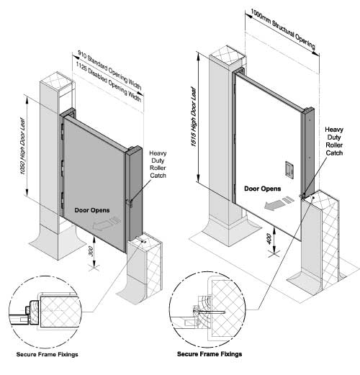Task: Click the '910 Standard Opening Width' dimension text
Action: (109, 70)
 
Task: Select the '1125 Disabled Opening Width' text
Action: (108, 81)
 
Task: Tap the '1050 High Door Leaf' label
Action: (22, 146)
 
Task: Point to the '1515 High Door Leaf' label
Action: (194, 117)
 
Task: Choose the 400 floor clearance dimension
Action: (269, 239)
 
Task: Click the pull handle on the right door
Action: (289, 169)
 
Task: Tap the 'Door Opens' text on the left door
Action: (92, 210)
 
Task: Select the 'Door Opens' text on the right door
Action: (262, 189)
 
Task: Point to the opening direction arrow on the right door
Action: (279, 203)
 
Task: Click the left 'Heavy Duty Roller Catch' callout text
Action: (158, 164)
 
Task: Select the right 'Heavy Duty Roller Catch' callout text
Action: (334, 141)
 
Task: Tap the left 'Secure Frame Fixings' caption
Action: (47, 354)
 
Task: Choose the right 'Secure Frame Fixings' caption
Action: (210, 354)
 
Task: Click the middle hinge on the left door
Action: (62, 166)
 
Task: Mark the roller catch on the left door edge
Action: (130, 204)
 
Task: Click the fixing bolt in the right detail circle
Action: (209, 312)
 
